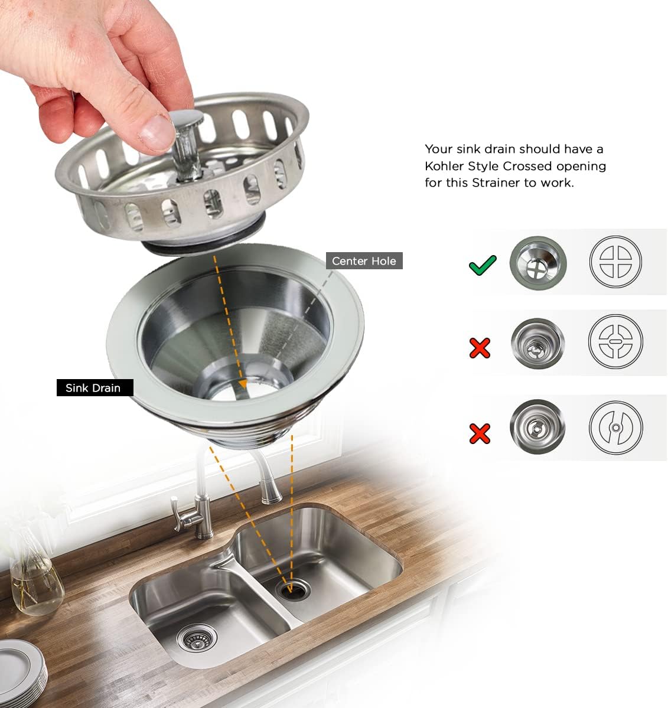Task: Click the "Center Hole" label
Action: pos(364,261)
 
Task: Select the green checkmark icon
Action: pos(483,265)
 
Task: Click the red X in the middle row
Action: pos(480,348)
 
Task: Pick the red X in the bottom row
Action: pos(480,433)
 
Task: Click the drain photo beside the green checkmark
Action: pos(538,263)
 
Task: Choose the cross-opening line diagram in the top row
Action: pos(615,262)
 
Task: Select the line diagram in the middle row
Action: pos(615,341)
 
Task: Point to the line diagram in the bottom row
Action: pos(615,427)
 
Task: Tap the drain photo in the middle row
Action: pos(537,343)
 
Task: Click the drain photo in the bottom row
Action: pos(537,427)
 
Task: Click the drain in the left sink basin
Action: pos(197,637)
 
